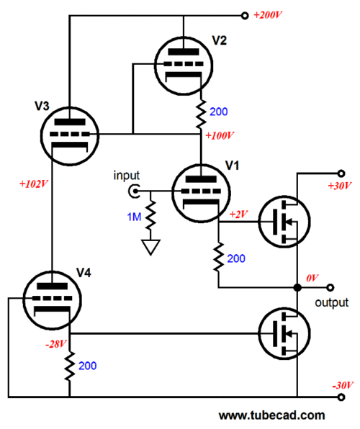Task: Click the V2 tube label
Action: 220,40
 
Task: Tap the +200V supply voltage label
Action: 267,15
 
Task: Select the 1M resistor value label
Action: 134,217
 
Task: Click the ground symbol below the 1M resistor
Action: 150,247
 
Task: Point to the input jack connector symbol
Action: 134,191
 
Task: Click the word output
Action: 331,302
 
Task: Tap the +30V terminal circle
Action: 341,173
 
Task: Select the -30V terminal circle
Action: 341,397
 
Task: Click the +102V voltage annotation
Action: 33,184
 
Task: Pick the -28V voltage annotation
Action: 56,344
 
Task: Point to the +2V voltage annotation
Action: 239,214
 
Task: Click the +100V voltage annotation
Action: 220,135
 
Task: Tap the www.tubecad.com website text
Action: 272,415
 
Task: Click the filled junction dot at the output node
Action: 297,287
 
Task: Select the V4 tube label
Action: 84,273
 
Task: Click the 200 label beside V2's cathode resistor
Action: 218,112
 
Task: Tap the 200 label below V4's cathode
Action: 88,366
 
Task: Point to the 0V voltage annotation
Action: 312,279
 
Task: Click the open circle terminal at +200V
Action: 245,16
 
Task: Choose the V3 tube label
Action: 42,106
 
